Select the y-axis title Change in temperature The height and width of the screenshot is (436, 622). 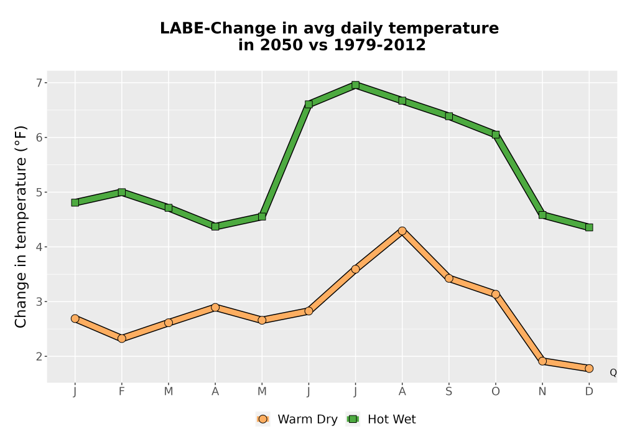point(21,227)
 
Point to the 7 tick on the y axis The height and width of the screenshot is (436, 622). point(39,83)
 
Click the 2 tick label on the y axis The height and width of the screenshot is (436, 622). point(39,356)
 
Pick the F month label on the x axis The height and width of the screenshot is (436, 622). point(122,392)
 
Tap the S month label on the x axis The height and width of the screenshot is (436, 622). point(448,392)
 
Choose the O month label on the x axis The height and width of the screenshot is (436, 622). point(496,392)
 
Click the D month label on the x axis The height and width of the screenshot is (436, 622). point(589,392)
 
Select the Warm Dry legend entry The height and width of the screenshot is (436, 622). point(297,419)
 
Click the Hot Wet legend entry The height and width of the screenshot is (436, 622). point(381,419)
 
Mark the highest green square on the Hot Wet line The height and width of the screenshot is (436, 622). point(355,85)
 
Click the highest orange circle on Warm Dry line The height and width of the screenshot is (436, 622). point(402,231)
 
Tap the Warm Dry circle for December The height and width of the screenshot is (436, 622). point(589,369)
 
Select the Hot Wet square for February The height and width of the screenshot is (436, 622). point(122,192)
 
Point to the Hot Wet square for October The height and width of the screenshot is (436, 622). point(496,135)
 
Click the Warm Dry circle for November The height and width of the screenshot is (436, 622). point(542,361)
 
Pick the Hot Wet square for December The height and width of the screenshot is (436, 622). point(589,227)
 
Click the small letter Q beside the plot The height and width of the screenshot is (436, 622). point(613,372)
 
